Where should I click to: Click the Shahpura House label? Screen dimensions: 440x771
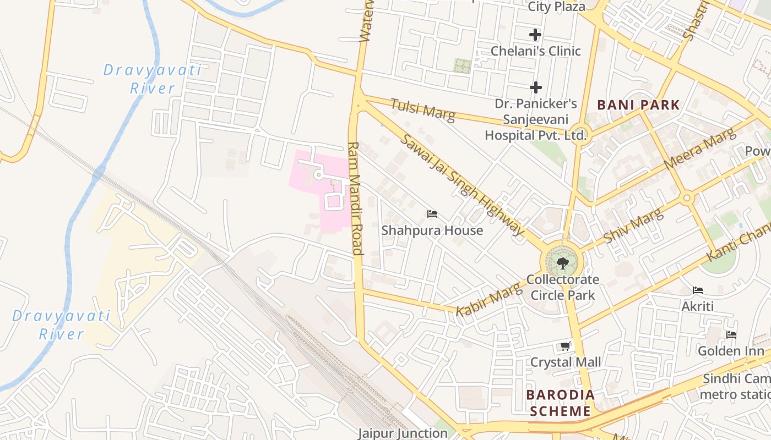tap(432, 230)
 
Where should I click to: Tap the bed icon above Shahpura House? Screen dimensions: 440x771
tap(432, 213)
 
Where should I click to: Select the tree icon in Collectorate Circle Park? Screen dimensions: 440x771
tap(562, 263)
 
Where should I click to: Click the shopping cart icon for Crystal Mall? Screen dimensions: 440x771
tap(565, 346)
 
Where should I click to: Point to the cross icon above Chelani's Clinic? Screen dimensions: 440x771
tap(535, 35)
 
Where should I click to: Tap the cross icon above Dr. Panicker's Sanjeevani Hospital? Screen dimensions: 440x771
tap(535, 87)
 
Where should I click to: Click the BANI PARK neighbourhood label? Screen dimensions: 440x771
tap(638, 105)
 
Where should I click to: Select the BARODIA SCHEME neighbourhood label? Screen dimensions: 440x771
tap(561, 403)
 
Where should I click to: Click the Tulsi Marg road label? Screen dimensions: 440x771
tap(423, 109)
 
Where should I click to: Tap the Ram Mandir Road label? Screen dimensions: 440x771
tap(355, 198)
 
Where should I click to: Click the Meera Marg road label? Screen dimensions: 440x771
tap(699, 148)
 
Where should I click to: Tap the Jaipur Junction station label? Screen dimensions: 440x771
tap(403, 433)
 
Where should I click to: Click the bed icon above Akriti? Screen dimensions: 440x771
tap(698, 290)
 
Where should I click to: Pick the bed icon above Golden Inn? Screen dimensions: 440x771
tap(731, 334)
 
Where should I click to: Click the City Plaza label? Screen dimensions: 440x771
tap(556, 7)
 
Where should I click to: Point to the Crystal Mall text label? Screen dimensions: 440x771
tap(566, 362)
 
